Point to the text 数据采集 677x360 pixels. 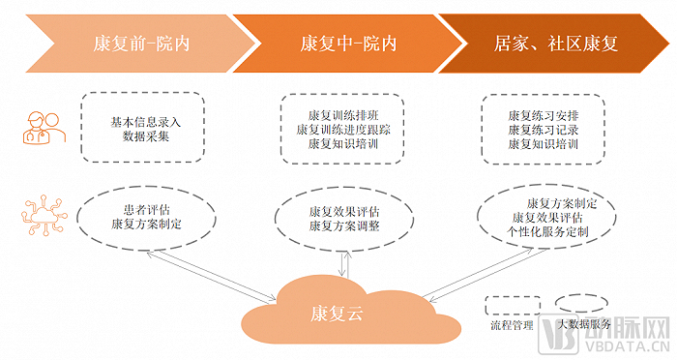click(x=147, y=137)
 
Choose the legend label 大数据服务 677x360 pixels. click(x=583, y=327)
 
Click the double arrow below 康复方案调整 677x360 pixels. click(x=342, y=261)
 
